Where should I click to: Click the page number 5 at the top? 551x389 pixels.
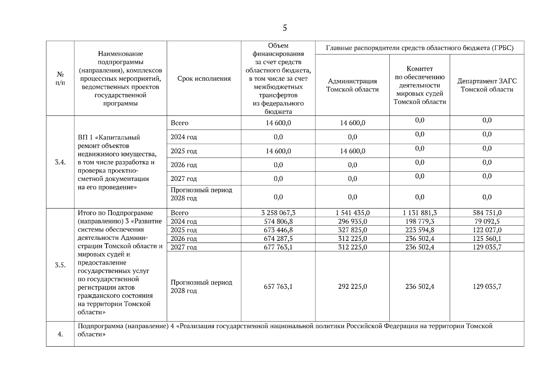pos(285,28)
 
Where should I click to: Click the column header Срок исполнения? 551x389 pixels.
pos(204,79)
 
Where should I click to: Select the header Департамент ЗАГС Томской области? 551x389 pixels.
pos(487,85)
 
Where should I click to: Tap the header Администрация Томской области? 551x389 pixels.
pos(352,85)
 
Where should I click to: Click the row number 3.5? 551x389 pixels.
pos(60,265)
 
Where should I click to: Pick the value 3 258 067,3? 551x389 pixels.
pos(278,213)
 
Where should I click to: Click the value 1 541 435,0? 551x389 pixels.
pos(352,213)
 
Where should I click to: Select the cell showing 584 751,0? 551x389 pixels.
pos(487,213)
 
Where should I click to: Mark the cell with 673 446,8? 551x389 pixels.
pos(278,230)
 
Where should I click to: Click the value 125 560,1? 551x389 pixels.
pos(487,239)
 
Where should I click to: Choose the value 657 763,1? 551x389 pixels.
pos(278,287)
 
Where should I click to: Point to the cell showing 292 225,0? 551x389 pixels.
pos(352,287)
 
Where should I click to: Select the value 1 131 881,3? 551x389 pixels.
pos(420,213)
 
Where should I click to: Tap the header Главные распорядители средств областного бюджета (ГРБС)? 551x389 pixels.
pos(420,48)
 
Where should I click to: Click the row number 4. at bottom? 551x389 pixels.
pos(60,335)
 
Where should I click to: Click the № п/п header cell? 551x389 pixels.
pos(60,79)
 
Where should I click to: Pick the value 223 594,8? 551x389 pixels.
pos(420,230)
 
